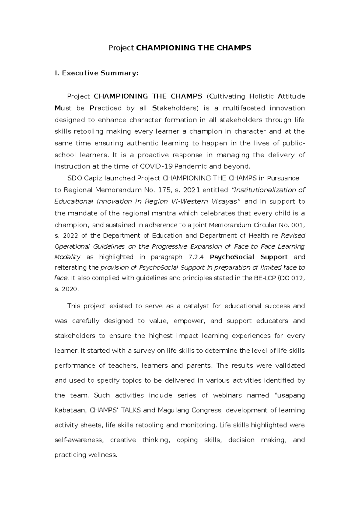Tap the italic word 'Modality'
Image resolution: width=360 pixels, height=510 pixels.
click(67, 257)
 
